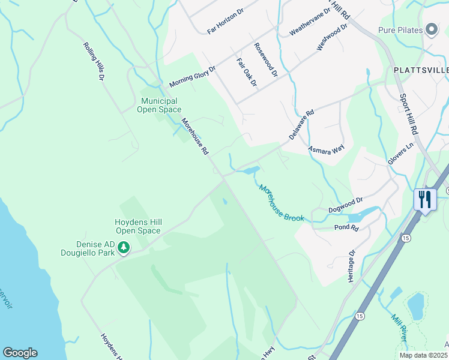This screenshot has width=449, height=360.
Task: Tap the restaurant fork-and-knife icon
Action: [425, 199]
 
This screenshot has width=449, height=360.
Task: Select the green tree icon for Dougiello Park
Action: [124, 247]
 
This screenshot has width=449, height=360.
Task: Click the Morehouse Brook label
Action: [282, 203]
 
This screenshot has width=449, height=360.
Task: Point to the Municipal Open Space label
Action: [159, 105]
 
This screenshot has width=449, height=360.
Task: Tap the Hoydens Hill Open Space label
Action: [138, 226]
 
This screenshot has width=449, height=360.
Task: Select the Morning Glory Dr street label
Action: [192, 76]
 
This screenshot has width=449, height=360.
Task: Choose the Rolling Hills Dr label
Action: [95, 61]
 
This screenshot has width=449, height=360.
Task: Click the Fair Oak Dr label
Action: [247, 72]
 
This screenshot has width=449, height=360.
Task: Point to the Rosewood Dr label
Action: [266, 60]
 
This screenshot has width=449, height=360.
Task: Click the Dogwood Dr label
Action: [346, 205]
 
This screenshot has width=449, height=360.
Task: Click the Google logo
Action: [20, 353]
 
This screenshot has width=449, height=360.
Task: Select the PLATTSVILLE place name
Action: [420, 70]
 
